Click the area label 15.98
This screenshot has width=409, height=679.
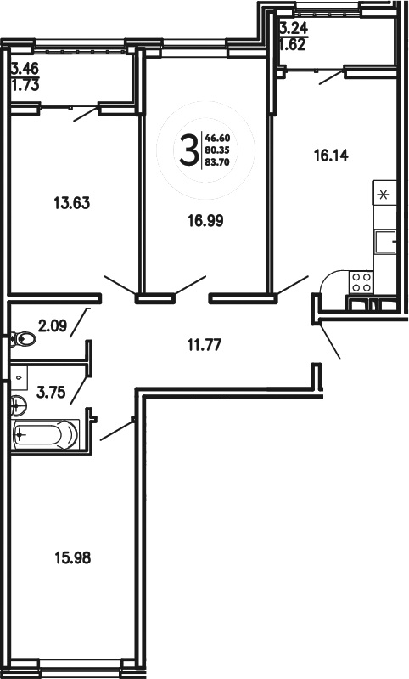click(70, 558)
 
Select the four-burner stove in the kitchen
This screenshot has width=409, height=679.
click(361, 281)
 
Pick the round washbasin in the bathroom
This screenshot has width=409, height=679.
click(18, 404)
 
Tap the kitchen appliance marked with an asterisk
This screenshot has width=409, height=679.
click(383, 194)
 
